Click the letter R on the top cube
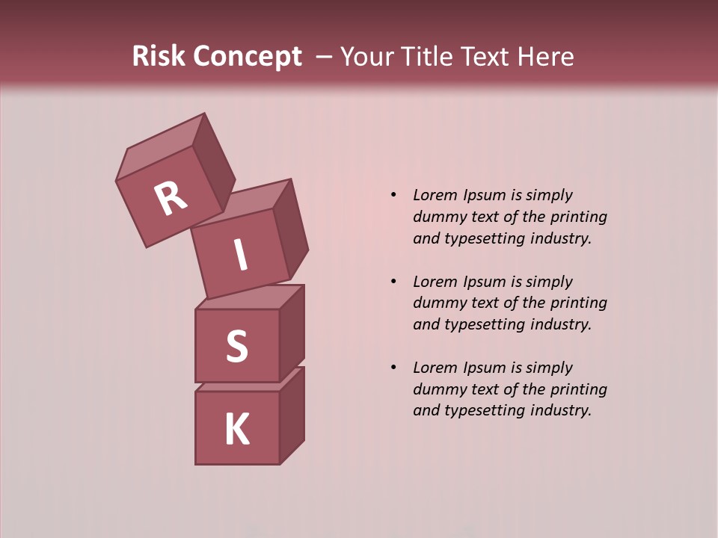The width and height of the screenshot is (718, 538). pyautogui.click(x=171, y=199)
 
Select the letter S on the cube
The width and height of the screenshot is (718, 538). pyautogui.click(x=236, y=346)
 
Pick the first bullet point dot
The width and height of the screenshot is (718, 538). pyautogui.click(x=393, y=195)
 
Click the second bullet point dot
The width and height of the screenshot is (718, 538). pyautogui.click(x=393, y=282)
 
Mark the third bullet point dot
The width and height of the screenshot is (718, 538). pyautogui.click(x=393, y=368)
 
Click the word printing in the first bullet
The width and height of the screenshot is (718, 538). pyautogui.click(x=578, y=217)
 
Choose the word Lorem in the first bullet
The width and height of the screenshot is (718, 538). pyautogui.click(x=433, y=195)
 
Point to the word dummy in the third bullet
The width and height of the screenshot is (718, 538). pyautogui.click(x=435, y=389)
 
